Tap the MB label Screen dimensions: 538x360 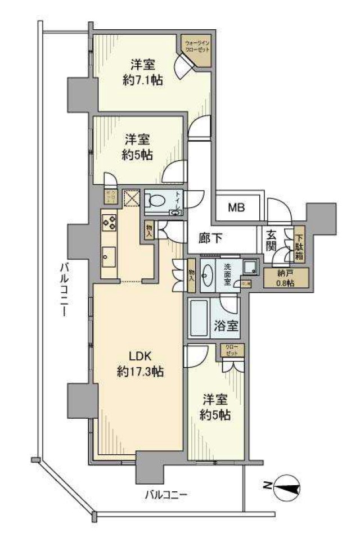click(x=237, y=207)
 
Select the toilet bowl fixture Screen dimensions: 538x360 click(x=156, y=201)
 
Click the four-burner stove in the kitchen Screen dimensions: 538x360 click(x=109, y=222)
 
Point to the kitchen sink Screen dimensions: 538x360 click(x=108, y=257)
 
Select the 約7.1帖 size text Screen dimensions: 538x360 click(x=143, y=80)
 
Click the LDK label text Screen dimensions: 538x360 click(x=141, y=355)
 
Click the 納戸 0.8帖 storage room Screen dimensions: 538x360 click(x=286, y=278)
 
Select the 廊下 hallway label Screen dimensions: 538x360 click(x=210, y=238)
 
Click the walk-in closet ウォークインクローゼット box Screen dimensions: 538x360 click(x=196, y=46)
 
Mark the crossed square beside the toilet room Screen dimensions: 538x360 click(x=131, y=197)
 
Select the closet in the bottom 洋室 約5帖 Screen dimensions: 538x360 click(x=232, y=349)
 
